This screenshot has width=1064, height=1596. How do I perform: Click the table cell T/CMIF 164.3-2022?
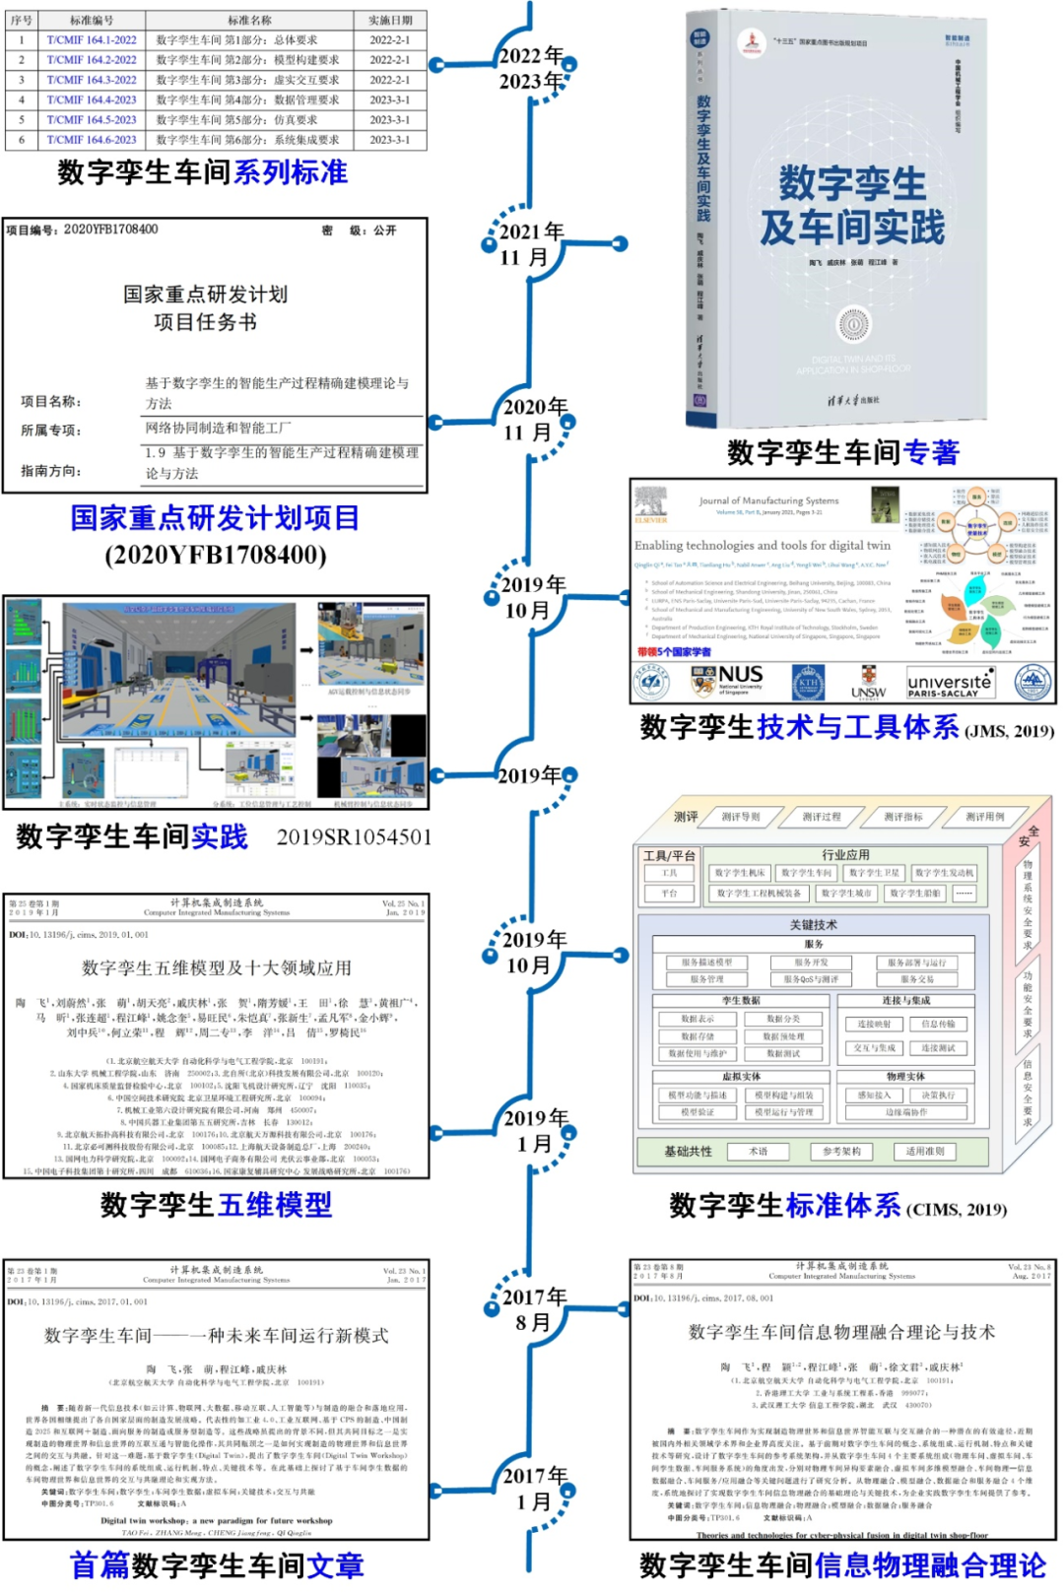point(92,80)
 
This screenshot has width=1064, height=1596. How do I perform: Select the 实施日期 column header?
point(390,20)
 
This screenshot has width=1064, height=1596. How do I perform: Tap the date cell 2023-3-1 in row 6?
point(389,140)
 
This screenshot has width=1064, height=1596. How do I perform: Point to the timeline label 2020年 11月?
point(535,420)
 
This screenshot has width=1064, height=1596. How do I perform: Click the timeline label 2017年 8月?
point(534,1309)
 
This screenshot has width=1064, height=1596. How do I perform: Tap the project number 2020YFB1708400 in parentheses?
point(215,555)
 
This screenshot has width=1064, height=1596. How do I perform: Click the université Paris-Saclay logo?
point(950,683)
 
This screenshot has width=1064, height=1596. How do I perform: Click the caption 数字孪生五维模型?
point(216,1204)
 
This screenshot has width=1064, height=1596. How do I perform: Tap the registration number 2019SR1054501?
point(354,837)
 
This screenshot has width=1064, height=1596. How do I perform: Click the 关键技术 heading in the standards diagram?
point(813,924)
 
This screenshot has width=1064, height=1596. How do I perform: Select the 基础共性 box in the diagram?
point(688,1151)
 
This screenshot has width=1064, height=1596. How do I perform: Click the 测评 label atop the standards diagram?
point(686,817)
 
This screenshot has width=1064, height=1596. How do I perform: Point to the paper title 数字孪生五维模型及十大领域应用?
point(216,968)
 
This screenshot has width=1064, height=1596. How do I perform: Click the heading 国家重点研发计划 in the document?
point(205,295)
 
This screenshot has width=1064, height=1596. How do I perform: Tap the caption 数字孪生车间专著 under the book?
point(842,452)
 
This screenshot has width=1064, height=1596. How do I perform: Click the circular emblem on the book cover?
point(853,324)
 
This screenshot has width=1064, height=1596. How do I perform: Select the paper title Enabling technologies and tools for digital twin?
point(762,545)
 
